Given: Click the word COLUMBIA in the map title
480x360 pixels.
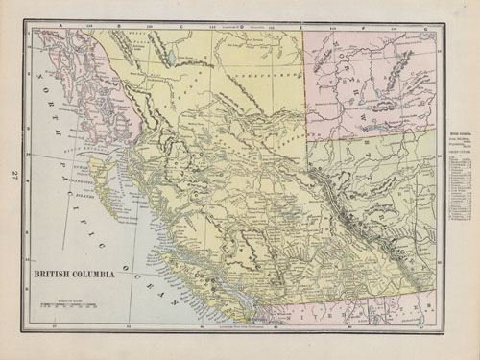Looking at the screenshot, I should coord(95,274).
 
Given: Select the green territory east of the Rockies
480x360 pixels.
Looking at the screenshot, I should coord(384,182).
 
